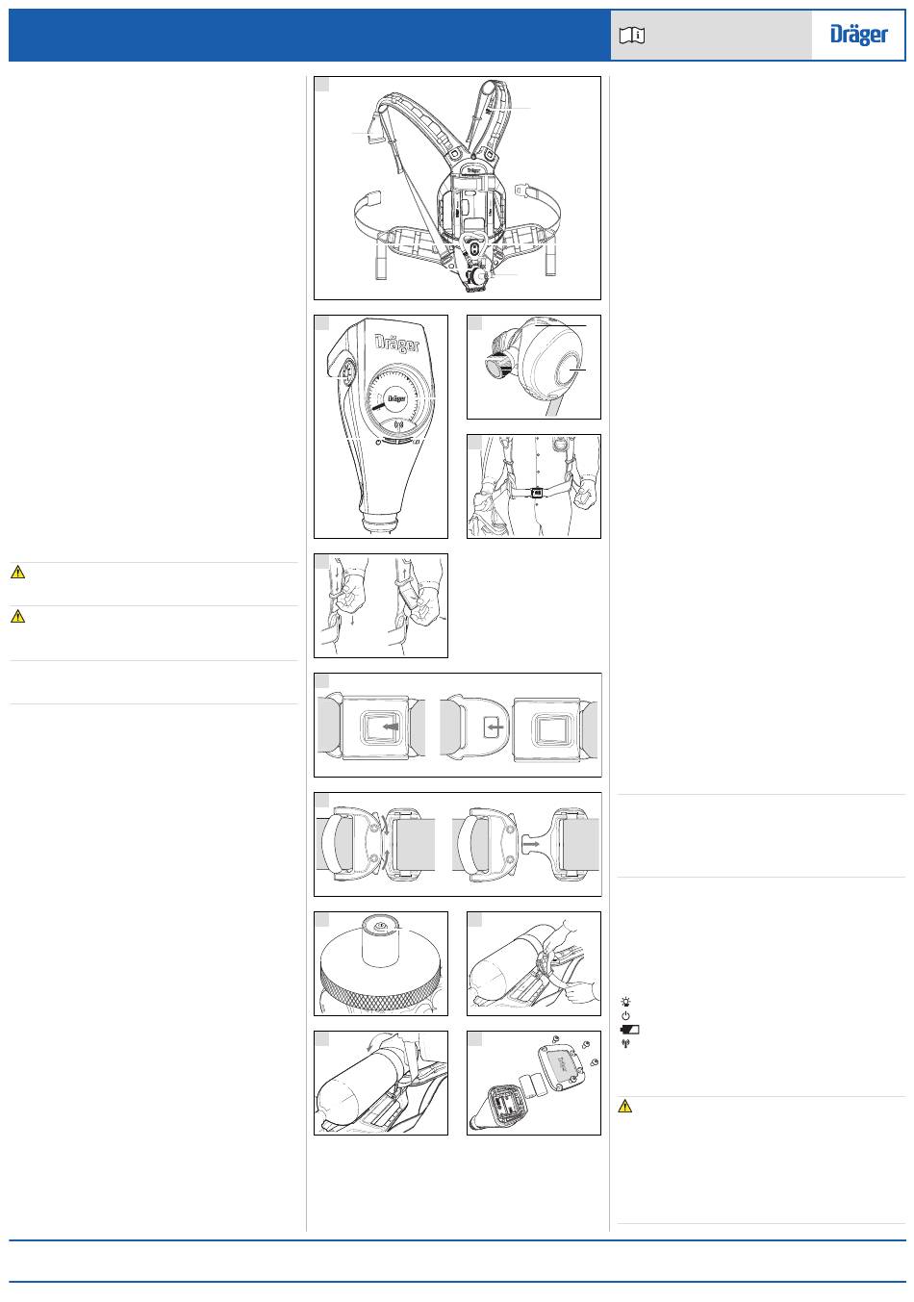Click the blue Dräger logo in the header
click(858, 35)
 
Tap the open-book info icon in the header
click(631, 36)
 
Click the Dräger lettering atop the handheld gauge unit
click(396, 343)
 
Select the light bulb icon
click(625, 1002)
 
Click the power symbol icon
click(625, 1015)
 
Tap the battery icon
click(630, 1030)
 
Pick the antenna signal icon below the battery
click(625, 1043)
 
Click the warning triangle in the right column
click(625, 1106)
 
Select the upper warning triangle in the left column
click(18, 572)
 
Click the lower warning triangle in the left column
click(18, 616)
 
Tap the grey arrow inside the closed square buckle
click(392, 727)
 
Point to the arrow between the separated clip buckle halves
click(531, 842)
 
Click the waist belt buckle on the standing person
click(537, 493)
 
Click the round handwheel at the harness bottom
click(478, 276)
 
